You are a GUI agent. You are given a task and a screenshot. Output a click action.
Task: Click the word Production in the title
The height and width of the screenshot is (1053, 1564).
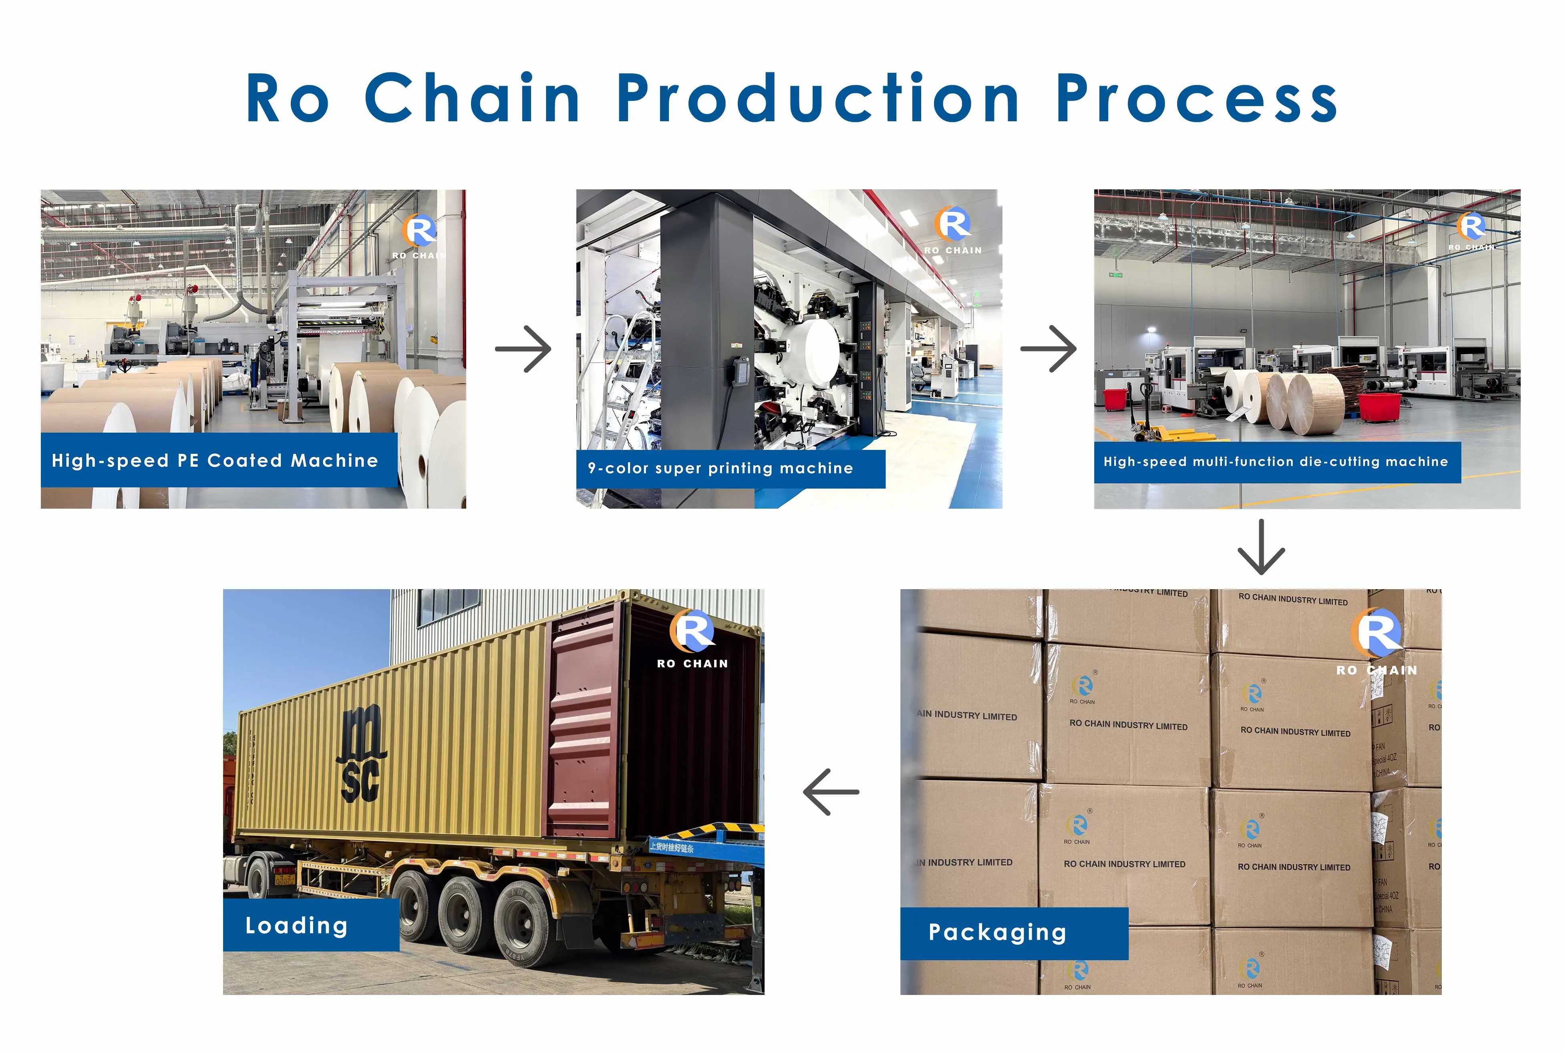pyautogui.click(x=817, y=99)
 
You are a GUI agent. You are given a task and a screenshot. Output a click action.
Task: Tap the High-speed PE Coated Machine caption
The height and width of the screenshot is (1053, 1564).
pyautogui.click(x=215, y=461)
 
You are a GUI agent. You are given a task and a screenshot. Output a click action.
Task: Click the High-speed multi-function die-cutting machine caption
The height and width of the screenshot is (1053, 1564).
pyautogui.click(x=1275, y=462)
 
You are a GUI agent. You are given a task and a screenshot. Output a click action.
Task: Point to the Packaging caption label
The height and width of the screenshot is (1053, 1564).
pyautogui.click(x=997, y=933)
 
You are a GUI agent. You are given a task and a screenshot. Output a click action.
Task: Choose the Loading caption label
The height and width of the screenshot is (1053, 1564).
pyautogui.click(x=296, y=926)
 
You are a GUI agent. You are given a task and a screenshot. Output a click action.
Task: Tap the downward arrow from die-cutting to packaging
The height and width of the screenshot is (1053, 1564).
pyautogui.click(x=1261, y=548)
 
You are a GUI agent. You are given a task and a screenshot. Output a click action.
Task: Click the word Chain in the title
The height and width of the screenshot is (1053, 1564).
pyautogui.click(x=472, y=99)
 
